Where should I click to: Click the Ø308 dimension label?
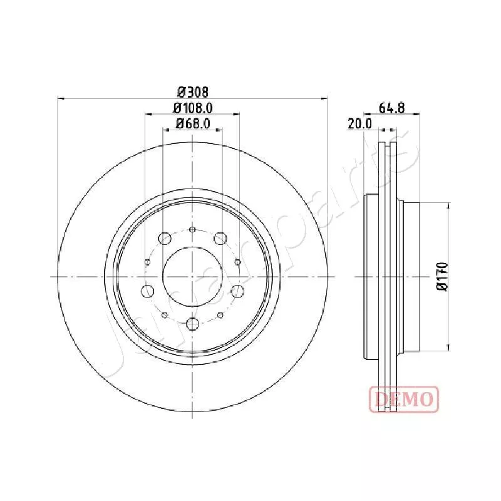click(193, 92)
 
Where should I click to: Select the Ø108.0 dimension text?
click(193, 108)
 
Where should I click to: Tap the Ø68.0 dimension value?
click(193, 123)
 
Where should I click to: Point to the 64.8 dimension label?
click(392, 108)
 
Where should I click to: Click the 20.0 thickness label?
click(359, 123)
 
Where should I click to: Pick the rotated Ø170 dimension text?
click(442, 276)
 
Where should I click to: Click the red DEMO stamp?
click(404, 399)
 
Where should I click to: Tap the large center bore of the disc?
click(192, 276)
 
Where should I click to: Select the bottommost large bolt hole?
click(192, 324)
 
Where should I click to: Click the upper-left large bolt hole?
click(165, 239)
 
